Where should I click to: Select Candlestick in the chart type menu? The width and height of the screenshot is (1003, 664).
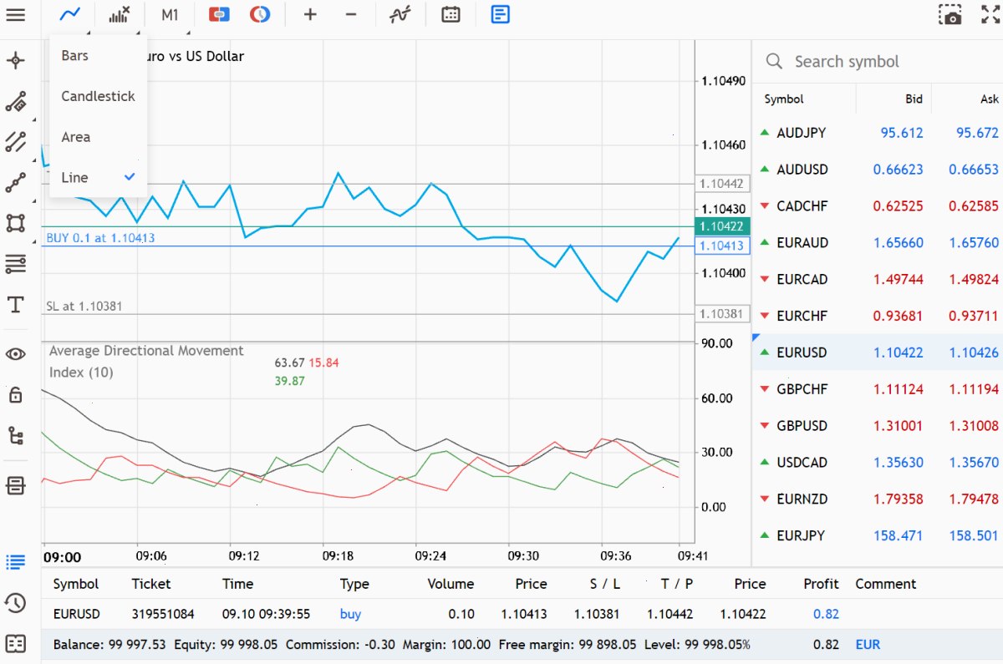(98, 96)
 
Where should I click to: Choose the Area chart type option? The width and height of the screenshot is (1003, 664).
(76, 137)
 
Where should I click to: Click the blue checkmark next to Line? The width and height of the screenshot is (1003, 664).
(130, 177)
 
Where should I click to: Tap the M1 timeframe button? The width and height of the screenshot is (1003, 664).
(170, 15)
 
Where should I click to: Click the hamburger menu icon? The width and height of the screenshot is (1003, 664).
(16, 15)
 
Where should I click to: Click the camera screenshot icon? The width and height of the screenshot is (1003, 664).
(950, 15)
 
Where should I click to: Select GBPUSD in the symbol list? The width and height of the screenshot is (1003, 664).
(802, 425)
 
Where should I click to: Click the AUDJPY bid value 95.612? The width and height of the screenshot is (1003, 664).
(901, 133)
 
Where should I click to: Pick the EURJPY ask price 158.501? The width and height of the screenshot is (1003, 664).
(974, 535)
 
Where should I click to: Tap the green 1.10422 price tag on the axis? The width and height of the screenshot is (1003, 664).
(722, 226)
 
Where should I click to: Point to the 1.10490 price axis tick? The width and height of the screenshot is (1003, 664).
(723, 81)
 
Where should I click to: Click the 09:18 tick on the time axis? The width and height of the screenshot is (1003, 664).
(338, 555)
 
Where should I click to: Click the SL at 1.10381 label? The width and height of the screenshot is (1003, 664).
(84, 306)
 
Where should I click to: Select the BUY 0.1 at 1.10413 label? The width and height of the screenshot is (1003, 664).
(100, 237)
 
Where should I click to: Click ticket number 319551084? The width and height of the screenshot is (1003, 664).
(162, 614)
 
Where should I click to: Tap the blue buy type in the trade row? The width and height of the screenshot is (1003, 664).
(350, 615)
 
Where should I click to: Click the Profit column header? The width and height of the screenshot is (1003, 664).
(821, 584)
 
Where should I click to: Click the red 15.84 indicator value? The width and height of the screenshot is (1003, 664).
(323, 362)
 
